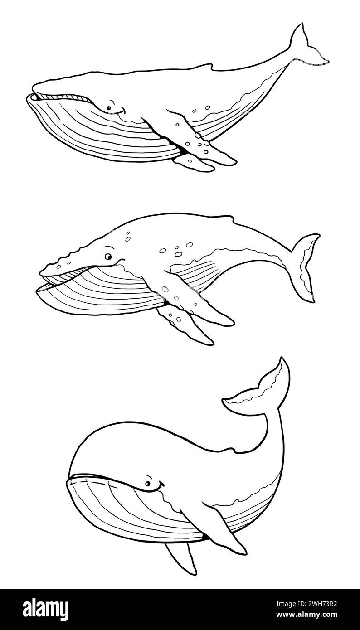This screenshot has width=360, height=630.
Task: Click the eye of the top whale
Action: [x=108, y=108]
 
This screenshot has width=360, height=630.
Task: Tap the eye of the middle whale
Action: [x=108, y=257]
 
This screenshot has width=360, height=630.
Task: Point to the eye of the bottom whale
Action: [x=148, y=484]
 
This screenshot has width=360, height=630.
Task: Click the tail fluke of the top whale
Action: [x=308, y=46]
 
